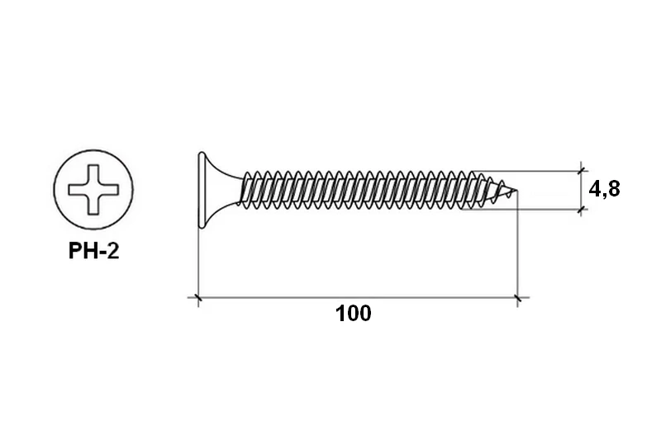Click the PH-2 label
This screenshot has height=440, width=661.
[x=93, y=251]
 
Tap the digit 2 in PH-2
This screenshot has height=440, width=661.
[x=113, y=251]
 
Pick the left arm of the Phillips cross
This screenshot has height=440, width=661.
[x=78, y=190]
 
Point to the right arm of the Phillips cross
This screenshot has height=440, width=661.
[x=109, y=190]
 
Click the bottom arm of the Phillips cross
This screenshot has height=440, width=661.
[x=93, y=206]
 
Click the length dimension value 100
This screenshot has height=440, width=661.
[x=354, y=314]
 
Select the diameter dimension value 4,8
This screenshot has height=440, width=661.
[x=604, y=190]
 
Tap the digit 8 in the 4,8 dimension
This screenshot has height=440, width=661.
[x=614, y=189]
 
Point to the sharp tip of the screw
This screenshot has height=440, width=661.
[x=516, y=191]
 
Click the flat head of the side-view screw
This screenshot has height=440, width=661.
[x=202, y=190]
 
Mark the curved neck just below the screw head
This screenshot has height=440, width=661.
[x=223, y=190]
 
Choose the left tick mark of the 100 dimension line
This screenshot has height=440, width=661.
[x=198, y=298]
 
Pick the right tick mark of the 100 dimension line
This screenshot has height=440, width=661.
[x=518, y=298]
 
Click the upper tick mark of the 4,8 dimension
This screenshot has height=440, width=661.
[x=582, y=171]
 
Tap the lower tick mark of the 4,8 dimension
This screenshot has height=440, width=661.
[x=582, y=209]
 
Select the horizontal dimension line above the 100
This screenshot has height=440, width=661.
[x=358, y=298]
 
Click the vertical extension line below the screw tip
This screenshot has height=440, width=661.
[x=518, y=249]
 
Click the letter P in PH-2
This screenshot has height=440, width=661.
[x=74, y=251]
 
